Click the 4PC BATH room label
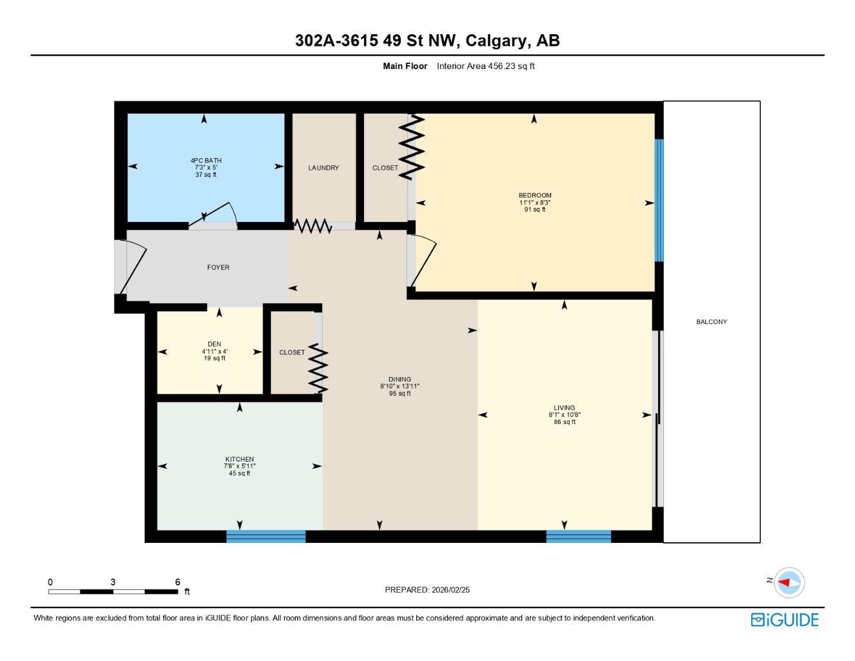pos(206,160)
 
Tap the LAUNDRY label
pos(323,168)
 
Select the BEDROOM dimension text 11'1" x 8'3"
pos(535,203)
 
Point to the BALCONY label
pos(711,321)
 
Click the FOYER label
pos(218,267)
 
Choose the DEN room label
pos(214,344)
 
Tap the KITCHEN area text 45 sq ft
pos(239,473)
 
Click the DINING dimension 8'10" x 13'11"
pos(399,386)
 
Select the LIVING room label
pos(564,407)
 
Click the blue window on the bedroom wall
pos(659,200)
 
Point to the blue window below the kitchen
pos(266,536)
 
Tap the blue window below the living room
pos(578,536)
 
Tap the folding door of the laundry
pos(313,226)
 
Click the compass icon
pos(789,582)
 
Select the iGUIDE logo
pos(784,620)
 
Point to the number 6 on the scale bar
pos(177,582)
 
